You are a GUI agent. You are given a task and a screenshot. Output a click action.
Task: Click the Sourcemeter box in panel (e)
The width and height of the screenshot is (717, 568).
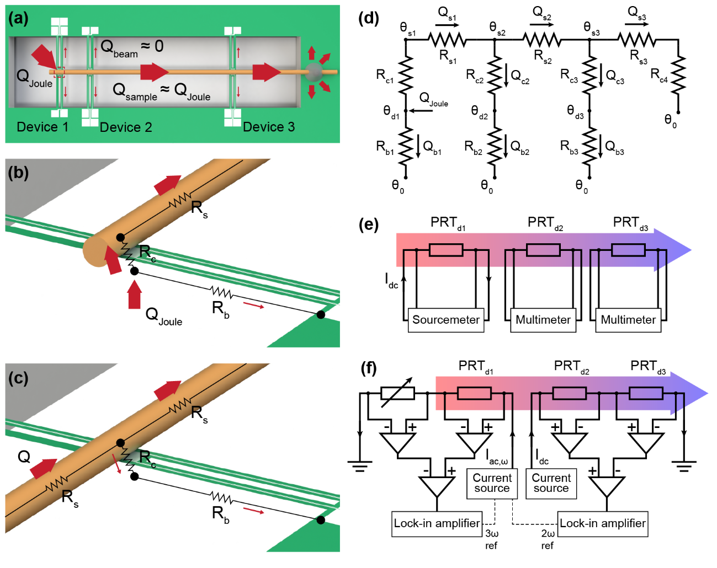point(446,320)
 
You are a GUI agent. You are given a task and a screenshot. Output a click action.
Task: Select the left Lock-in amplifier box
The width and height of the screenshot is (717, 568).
point(437,523)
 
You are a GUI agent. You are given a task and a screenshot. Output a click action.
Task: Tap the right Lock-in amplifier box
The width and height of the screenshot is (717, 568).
point(603,523)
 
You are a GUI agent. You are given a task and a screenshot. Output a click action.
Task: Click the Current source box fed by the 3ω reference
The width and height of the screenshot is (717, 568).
point(492,484)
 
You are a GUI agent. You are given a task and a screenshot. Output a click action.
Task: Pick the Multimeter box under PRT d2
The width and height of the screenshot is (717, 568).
point(543,320)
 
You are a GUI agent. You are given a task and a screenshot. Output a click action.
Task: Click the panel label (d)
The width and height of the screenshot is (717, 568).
point(369,18)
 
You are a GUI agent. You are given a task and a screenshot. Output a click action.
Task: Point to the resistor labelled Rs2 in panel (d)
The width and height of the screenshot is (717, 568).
point(541,40)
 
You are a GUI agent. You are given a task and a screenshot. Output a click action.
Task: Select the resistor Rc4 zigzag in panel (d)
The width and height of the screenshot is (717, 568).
point(678,76)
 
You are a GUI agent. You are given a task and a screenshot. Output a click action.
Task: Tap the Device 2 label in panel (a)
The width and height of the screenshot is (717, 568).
point(126,127)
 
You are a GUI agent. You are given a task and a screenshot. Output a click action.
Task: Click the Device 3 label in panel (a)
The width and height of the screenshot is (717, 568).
point(269,127)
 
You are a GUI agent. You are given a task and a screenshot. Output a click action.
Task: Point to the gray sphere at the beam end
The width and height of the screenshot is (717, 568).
point(314,72)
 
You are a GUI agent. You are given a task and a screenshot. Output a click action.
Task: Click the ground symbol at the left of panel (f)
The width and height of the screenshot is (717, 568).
point(360,467)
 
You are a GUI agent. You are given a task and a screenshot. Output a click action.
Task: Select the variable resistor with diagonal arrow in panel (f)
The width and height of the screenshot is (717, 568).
point(397,393)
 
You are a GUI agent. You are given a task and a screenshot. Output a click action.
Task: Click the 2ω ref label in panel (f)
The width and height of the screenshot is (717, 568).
point(548,539)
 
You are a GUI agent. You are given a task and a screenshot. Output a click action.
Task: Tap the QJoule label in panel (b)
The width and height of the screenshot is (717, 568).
point(164,317)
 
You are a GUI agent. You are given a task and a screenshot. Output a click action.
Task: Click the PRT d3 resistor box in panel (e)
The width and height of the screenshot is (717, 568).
point(628,250)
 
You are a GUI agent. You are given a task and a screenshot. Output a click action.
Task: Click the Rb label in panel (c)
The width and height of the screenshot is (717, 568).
point(220,515)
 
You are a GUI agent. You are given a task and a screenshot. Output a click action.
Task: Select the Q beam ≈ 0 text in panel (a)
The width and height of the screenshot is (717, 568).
point(132,47)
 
